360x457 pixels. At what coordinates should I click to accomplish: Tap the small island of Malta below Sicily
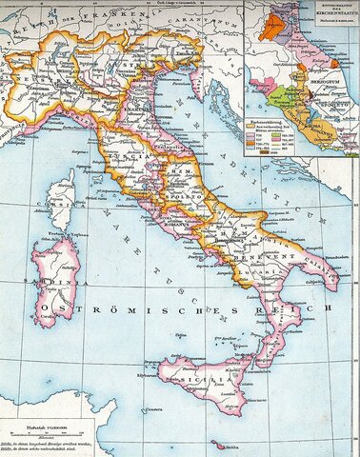222,445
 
